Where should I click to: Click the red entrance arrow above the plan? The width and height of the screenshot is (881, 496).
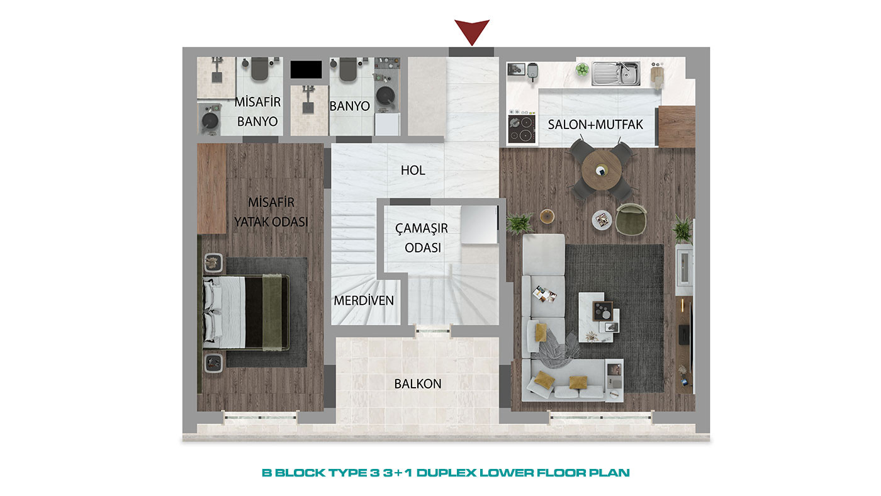472,31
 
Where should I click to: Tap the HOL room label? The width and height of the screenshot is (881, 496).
413,171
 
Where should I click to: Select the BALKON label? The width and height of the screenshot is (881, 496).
418,383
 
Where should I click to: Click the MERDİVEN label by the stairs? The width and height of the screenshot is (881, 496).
364,300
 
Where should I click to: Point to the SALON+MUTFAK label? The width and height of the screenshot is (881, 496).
595,125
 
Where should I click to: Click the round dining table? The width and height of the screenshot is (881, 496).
602,171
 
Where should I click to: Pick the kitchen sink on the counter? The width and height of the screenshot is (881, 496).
616,74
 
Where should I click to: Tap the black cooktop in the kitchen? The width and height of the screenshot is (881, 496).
522,128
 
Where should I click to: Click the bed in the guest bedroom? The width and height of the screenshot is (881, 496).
246,312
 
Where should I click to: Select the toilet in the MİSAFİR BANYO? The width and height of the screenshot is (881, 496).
259,68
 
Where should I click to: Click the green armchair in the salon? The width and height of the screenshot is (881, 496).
631,219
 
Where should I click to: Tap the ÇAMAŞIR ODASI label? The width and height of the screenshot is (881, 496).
422,238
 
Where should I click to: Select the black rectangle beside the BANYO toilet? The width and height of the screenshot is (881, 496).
306,69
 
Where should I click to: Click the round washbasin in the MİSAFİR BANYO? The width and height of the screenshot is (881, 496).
210,120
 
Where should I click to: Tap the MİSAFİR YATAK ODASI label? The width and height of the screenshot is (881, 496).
271,212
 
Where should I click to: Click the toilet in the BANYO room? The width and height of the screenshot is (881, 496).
348,69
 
